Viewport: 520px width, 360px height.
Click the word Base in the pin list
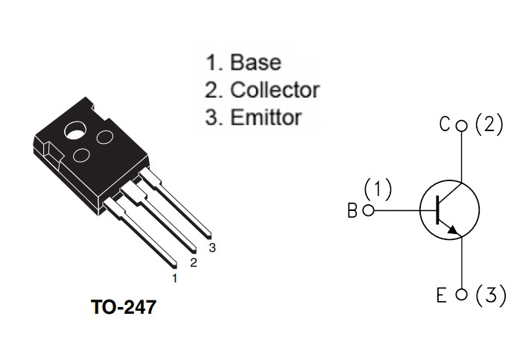[256, 62]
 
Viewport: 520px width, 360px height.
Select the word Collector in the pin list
[275, 89]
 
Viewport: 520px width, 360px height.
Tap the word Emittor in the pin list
[266, 117]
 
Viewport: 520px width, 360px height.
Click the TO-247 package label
[124, 307]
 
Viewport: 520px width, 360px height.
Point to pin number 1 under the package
[175, 278]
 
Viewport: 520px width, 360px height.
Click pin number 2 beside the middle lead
[194, 262]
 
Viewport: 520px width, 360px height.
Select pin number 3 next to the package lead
[212, 247]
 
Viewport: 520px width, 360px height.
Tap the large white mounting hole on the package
[75, 130]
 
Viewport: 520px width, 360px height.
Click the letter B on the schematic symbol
[352, 210]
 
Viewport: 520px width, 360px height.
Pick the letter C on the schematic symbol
[445, 124]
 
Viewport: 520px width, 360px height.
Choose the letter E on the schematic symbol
[441, 295]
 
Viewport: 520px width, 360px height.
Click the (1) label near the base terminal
[378, 189]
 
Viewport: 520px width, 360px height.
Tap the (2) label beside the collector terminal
[489, 124]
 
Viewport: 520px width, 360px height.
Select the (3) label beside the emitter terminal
[491, 295]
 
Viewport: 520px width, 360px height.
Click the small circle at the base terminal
[369, 210]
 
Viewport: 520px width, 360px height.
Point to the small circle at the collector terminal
[461, 126]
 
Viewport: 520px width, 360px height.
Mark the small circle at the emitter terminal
[461, 294]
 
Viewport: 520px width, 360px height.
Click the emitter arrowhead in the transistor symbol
[454, 230]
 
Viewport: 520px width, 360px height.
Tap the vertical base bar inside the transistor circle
[437, 209]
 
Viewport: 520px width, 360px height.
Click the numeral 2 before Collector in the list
[212, 90]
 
